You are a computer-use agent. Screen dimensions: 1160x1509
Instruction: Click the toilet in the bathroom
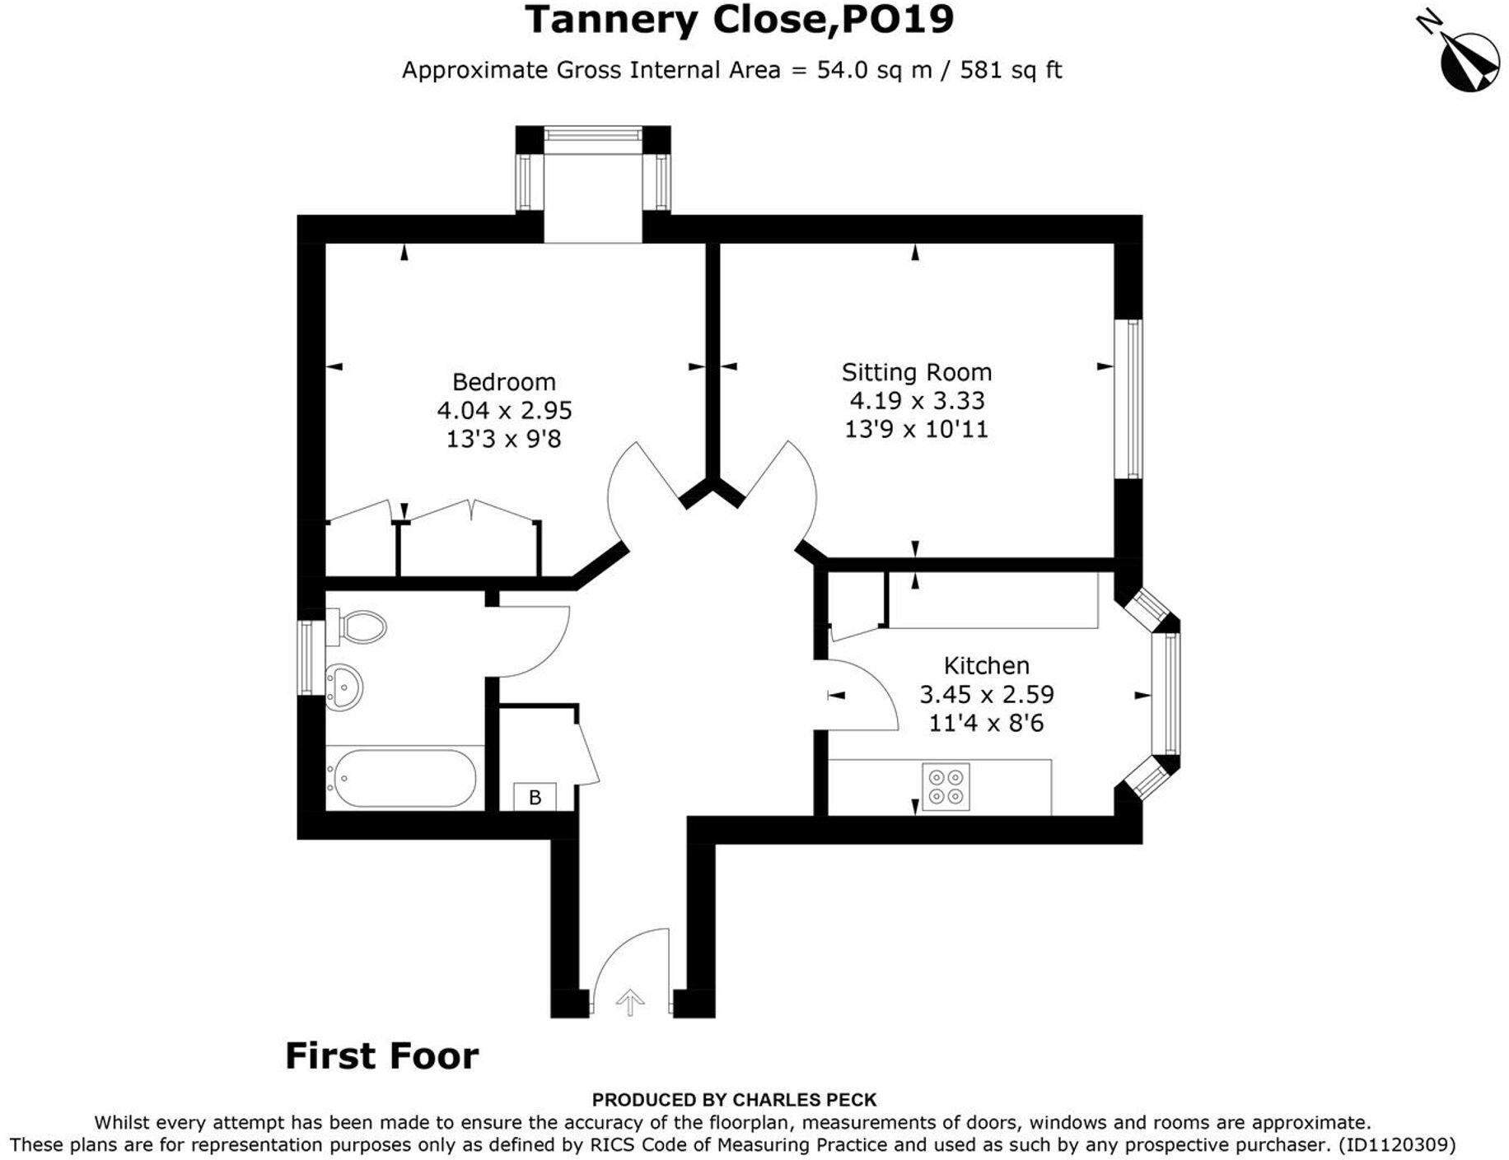(361, 627)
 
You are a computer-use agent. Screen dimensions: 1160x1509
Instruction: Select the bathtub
(404, 778)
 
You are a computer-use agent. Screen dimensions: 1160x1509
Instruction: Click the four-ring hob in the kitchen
(945, 786)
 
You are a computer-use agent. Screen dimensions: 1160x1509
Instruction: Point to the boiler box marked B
(535, 797)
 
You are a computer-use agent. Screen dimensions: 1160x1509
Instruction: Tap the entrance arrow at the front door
(630, 1001)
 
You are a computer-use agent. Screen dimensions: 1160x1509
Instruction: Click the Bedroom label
(503, 382)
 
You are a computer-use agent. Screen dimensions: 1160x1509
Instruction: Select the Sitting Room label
(916, 372)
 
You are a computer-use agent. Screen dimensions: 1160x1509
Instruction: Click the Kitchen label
(986, 665)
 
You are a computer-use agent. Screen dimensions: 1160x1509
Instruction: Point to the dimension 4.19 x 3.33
(917, 401)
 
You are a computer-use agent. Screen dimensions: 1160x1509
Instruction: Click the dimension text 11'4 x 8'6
(986, 723)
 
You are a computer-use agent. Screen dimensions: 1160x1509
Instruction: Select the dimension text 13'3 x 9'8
(503, 439)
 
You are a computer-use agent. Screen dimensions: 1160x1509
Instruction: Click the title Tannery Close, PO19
(739, 20)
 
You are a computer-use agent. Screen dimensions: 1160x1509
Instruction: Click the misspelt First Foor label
(381, 1056)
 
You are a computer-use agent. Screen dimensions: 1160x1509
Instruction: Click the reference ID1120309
(1396, 1144)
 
